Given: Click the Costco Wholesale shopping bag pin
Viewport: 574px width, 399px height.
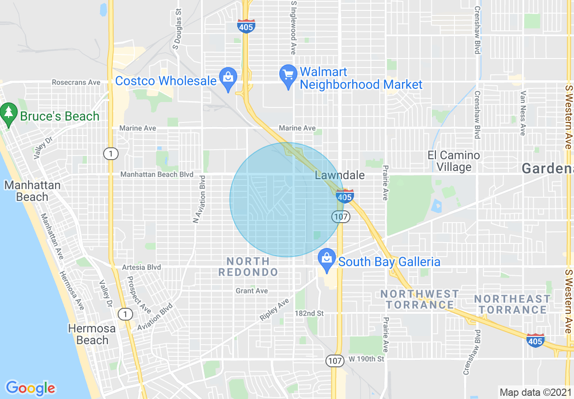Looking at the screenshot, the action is pyautogui.click(x=228, y=78).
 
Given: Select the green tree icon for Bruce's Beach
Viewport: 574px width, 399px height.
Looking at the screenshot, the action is pyautogui.click(x=8, y=113).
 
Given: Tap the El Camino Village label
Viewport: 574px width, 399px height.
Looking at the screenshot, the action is pyautogui.click(x=454, y=161).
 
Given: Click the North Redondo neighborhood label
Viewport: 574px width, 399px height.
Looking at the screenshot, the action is pyautogui.click(x=248, y=267).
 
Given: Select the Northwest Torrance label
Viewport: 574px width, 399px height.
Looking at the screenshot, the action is pyautogui.click(x=420, y=299).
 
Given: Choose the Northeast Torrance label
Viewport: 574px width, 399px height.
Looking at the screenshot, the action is pyautogui.click(x=512, y=304).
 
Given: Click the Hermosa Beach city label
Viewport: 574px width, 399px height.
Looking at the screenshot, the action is pyautogui.click(x=92, y=334).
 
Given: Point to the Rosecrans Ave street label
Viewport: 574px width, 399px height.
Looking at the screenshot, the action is pyautogui.click(x=76, y=83).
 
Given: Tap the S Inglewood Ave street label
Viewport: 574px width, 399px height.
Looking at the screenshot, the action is pyautogui.click(x=294, y=28).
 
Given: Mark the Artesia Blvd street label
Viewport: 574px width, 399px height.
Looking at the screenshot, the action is pyautogui.click(x=141, y=268).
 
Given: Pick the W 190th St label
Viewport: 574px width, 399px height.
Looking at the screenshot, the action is pyautogui.click(x=366, y=359).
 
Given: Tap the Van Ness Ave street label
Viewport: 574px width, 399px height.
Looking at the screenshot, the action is pyautogui.click(x=523, y=113).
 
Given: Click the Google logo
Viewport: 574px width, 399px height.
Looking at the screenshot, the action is pyautogui.click(x=30, y=388).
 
